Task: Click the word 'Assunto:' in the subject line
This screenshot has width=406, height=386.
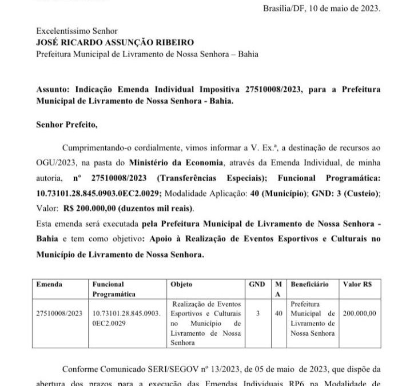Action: point(52,91)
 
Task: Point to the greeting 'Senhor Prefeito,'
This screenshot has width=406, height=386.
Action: point(62,123)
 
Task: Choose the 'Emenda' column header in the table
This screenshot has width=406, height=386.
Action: point(49,284)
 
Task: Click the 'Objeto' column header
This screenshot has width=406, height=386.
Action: point(182,284)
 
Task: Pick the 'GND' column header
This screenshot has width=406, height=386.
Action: point(258,284)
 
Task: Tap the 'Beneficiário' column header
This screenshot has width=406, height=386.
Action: point(309,284)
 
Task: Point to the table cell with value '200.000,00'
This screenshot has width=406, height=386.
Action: point(359,314)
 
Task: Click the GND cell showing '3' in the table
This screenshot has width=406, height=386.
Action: point(258,314)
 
